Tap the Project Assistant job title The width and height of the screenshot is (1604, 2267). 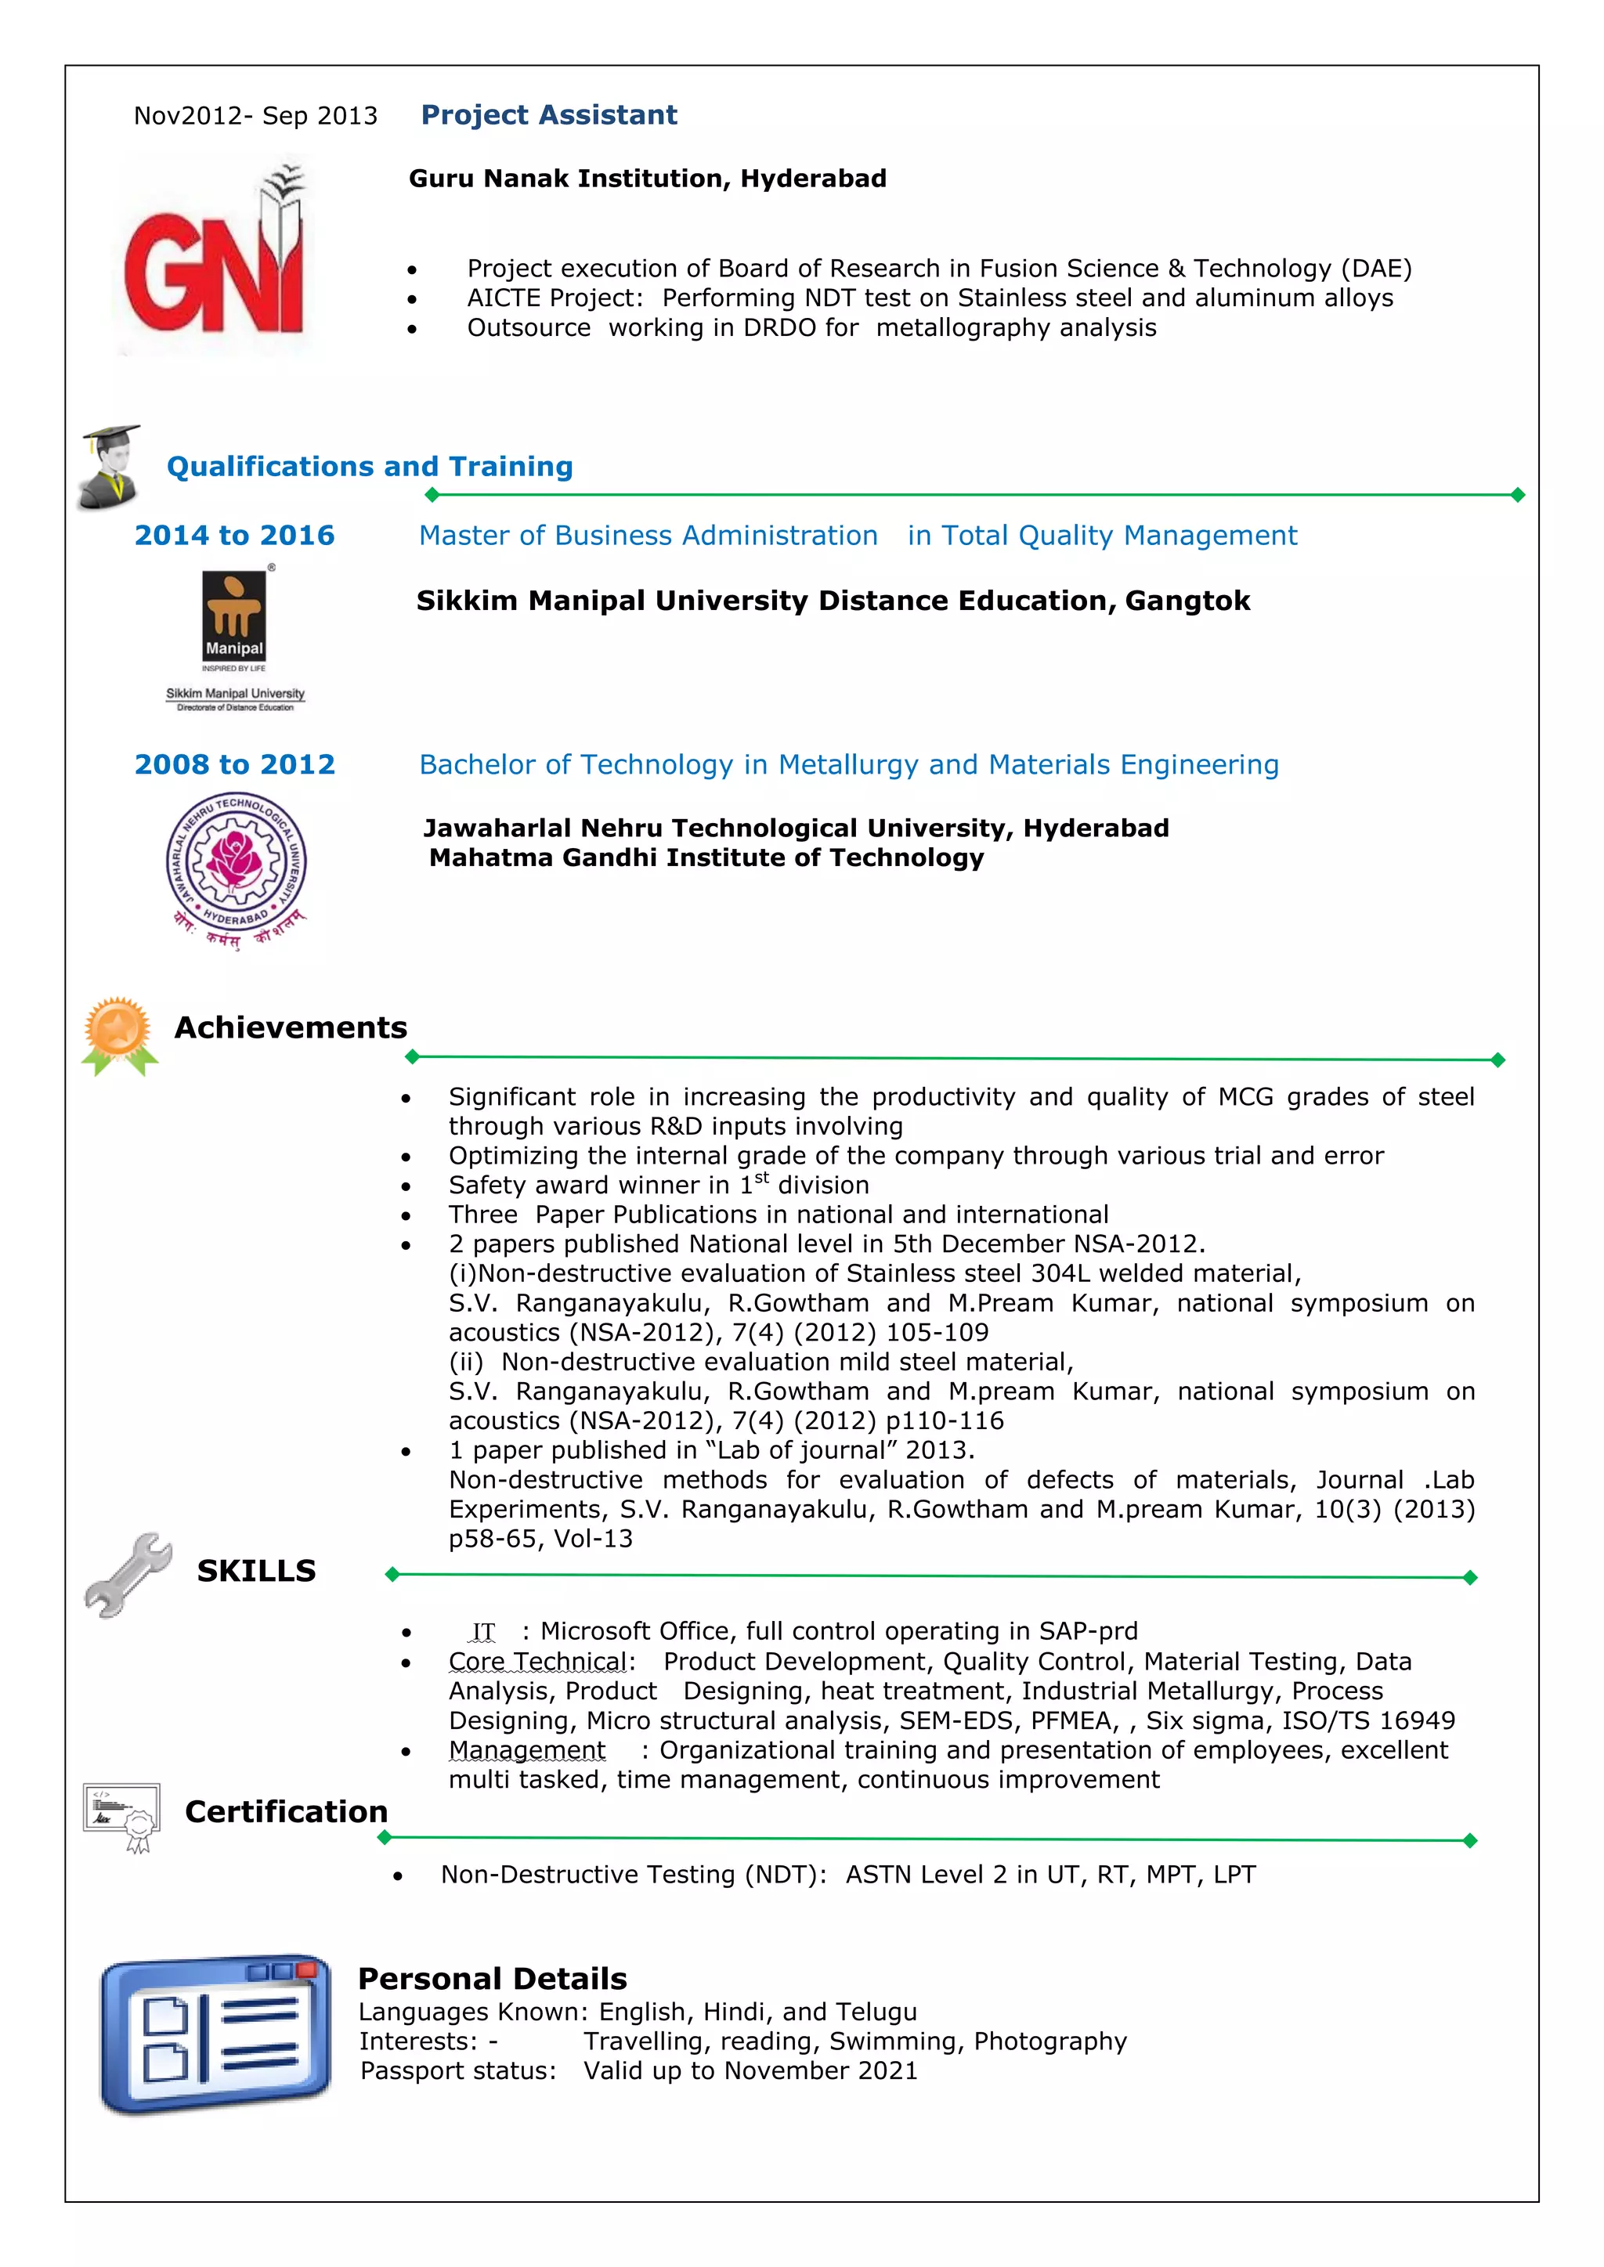pos(548,116)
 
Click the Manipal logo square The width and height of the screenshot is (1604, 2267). pos(234,617)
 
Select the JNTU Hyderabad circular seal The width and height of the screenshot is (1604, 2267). pos(236,862)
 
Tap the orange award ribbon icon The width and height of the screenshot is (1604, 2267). pos(118,1034)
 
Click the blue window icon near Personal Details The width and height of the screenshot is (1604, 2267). pos(215,2033)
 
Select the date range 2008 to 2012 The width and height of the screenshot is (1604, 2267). pos(234,764)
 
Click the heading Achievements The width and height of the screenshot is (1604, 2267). pos(291,1028)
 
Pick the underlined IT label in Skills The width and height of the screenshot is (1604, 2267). pos(483,1631)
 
